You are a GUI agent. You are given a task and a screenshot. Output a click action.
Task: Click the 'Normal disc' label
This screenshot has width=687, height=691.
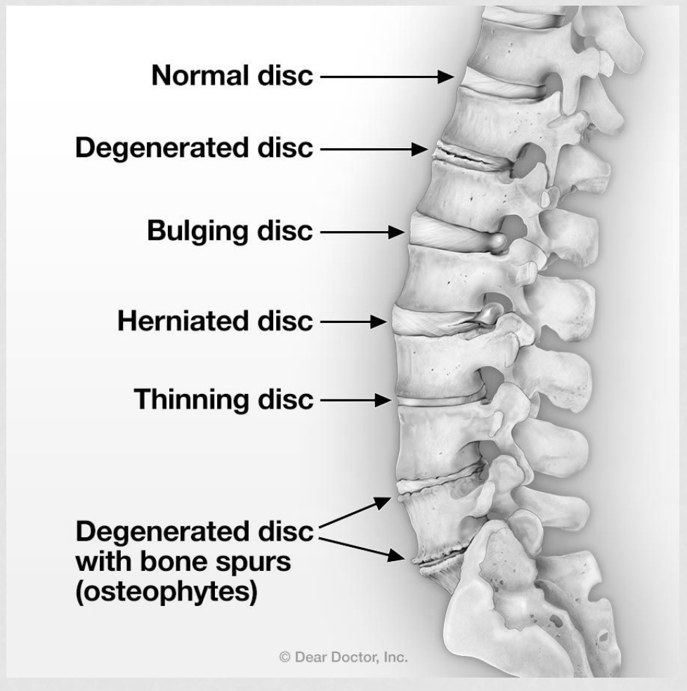click(232, 75)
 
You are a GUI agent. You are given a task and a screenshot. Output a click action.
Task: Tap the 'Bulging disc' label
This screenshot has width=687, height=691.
click(230, 231)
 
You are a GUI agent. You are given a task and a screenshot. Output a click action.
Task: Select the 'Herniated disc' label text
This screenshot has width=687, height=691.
click(215, 321)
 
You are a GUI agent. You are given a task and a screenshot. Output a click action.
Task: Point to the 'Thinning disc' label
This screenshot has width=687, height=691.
click(223, 400)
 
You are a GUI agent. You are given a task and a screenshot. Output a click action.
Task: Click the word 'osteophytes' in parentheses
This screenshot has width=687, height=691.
click(166, 591)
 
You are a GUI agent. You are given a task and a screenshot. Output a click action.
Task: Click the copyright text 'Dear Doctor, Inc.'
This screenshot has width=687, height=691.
click(351, 657)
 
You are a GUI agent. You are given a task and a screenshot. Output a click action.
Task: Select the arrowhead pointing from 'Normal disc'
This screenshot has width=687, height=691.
click(446, 77)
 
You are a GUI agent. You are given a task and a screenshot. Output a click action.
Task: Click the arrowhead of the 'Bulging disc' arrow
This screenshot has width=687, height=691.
click(397, 232)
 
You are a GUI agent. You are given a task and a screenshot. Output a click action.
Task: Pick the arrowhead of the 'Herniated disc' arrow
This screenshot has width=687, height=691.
click(379, 322)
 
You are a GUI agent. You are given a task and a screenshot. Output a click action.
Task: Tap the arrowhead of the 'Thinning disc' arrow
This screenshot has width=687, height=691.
click(383, 400)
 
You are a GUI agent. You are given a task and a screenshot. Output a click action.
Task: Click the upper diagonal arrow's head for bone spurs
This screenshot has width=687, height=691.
click(383, 502)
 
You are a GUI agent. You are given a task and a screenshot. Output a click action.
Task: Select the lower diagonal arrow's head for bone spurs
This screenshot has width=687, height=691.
click(396, 555)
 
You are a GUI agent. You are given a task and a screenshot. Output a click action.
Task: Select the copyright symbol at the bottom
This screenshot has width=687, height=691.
click(285, 657)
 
